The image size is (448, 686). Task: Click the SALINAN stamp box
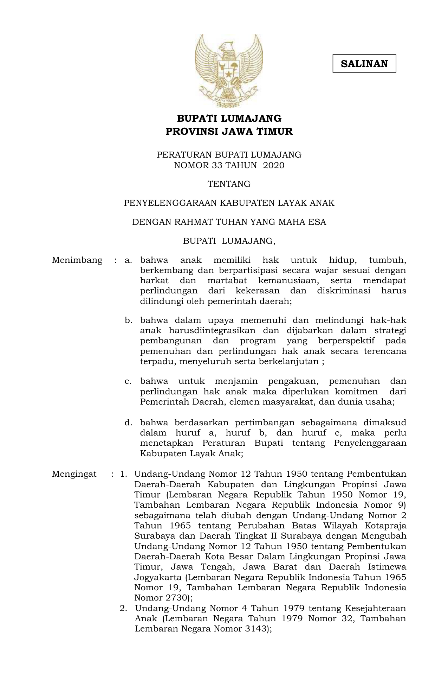(x=364, y=64)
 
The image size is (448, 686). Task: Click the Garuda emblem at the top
(x=229, y=71)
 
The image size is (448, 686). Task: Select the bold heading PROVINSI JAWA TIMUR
(x=229, y=132)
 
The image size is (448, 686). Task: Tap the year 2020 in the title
(x=274, y=165)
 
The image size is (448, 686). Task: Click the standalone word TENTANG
(x=229, y=184)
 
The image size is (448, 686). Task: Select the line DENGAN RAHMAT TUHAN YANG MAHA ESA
(x=229, y=222)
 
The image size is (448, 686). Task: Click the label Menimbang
(x=77, y=260)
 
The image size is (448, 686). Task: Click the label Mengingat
(x=74, y=474)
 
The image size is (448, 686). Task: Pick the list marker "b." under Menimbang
(x=128, y=320)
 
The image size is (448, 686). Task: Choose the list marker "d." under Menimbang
(x=128, y=423)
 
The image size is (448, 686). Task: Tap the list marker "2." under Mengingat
(x=123, y=608)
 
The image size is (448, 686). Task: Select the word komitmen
(x=356, y=392)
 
